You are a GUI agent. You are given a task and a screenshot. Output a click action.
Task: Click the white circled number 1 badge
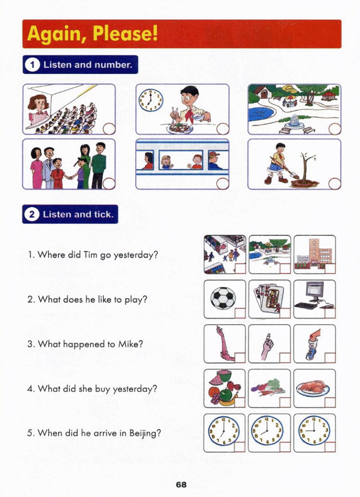pyautogui.click(x=32, y=65)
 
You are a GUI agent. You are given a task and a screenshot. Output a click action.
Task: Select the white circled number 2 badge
pyautogui.click(x=32, y=215)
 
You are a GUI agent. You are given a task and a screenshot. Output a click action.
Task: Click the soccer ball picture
pyautogui.click(x=223, y=298)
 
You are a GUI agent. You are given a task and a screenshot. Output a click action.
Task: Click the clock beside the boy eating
pyautogui.click(x=151, y=101)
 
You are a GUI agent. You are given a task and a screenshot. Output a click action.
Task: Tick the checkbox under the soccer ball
pyautogui.click(x=240, y=313)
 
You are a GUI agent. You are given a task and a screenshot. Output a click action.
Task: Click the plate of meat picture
pyautogui.click(x=313, y=388)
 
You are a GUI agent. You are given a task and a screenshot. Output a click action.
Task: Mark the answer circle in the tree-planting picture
pyautogui.click(x=334, y=184)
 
